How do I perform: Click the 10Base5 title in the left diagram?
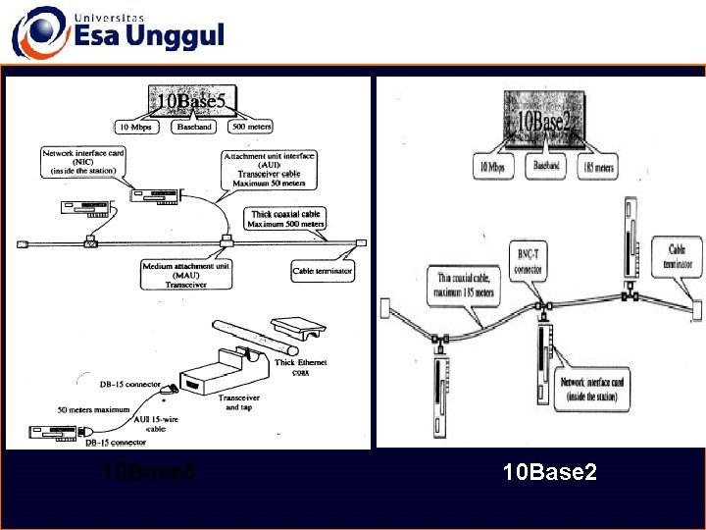click(192, 100)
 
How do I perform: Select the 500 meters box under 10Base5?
click(251, 127)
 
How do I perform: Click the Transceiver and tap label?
click(245, 402)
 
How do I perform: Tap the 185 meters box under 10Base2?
click(598, 168)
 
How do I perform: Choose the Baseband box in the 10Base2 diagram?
click(547, 167)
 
